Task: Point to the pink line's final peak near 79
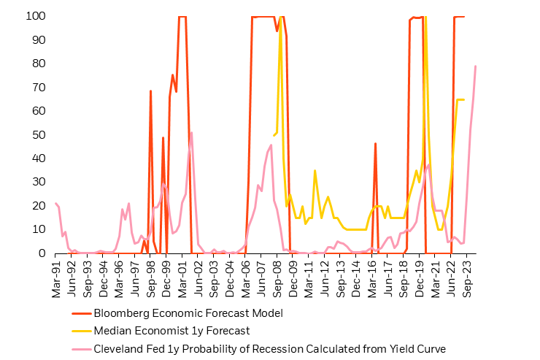(476, 66)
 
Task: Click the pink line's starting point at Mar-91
(56, 204)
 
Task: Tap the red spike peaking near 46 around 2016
(375, 144)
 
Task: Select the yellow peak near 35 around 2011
(315, 170)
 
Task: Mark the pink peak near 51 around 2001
(191, 132)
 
